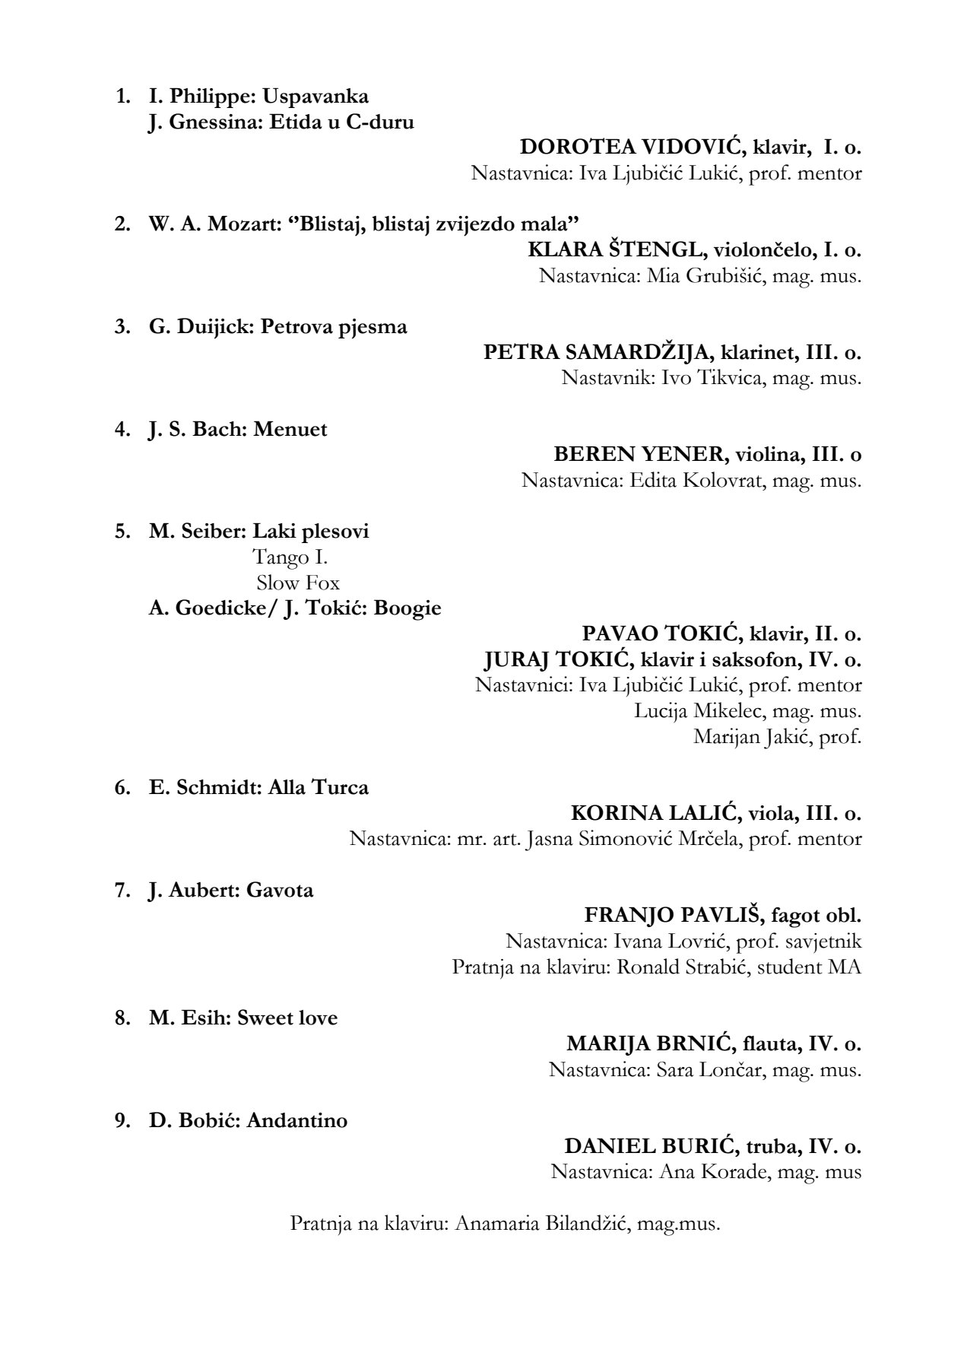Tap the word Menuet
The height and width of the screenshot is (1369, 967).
tap(290, 430)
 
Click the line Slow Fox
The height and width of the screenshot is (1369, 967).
tap(298, 583)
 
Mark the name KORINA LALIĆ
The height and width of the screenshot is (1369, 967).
tap(655, 813)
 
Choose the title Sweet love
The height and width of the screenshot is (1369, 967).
tap(287, 1018)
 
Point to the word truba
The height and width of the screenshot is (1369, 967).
tap(762, 1146)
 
